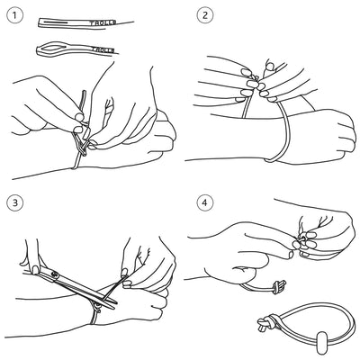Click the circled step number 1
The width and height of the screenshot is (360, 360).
[x=14, y=15]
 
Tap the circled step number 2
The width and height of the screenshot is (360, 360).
[x=205, y=15]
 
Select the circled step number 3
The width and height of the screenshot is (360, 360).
[x=14, y=202]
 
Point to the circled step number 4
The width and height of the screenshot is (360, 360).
[x=205, y=202]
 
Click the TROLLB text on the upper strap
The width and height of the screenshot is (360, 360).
[x=103, y=22]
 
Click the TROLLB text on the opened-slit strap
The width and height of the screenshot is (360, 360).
[x=103, y=49]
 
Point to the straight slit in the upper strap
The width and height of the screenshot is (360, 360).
[x=57, y=22]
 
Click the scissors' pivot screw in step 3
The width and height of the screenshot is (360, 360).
[x=54, y=274]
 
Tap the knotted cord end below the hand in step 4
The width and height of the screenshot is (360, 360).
[x=278, y=287]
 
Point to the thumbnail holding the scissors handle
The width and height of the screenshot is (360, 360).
[x=35, y=269]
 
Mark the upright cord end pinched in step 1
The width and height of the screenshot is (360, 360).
[x=82, y=102]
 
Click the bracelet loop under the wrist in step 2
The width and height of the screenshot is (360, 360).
[x=282, y=132]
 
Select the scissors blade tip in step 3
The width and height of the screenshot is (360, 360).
[x=113, y=307]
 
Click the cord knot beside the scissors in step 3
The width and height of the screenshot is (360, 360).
[x=96, y=307]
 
